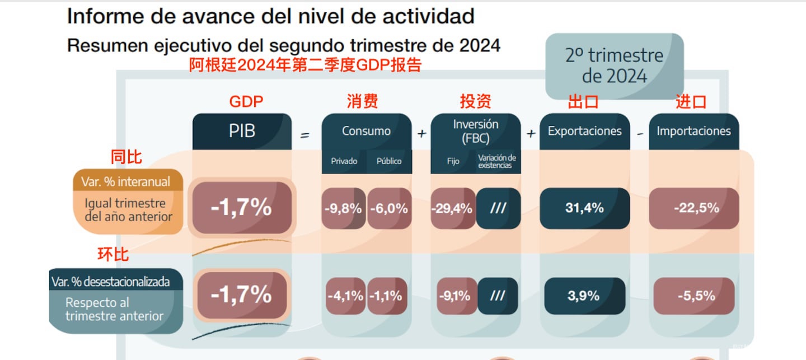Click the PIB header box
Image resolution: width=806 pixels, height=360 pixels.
242,132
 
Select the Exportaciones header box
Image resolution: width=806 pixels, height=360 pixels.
584,132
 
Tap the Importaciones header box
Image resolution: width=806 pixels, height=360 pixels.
693,132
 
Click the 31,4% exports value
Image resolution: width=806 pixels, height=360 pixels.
584,208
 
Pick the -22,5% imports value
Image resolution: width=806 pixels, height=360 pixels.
694,208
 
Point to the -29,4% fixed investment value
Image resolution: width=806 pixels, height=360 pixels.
452,209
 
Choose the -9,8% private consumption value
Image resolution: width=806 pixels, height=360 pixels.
343,209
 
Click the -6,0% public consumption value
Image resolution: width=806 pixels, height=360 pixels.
389,209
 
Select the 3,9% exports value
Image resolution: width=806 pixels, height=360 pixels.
584,296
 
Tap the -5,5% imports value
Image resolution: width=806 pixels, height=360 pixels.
694,296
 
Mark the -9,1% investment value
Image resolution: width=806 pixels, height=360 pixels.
453,296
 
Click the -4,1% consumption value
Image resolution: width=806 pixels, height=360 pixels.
345,296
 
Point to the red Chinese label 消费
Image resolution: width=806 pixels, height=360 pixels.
362,101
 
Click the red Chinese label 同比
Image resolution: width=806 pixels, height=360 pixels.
126,157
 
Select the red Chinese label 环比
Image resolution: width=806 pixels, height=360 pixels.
113,254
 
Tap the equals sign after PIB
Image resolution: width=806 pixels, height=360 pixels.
305,134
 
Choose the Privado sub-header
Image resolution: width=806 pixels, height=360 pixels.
344,161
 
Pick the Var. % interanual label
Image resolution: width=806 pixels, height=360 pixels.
128,182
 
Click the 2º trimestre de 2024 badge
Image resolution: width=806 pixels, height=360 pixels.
614,66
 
